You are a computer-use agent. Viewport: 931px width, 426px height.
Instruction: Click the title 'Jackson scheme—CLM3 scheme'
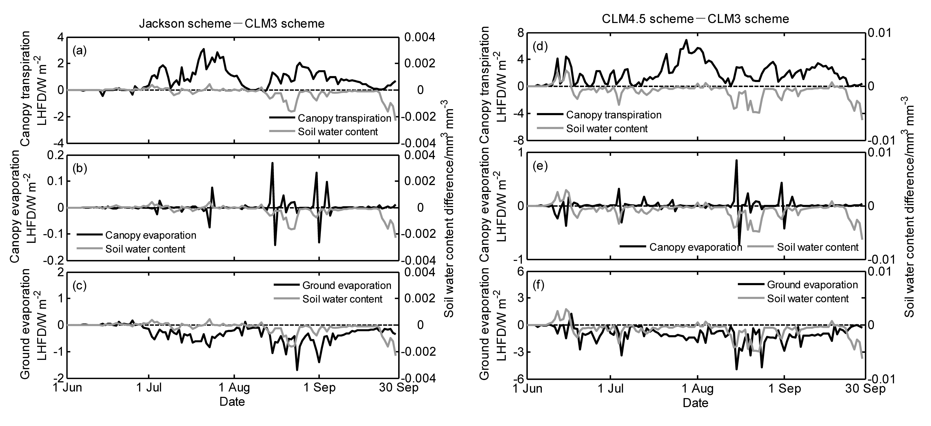(x=232, y=23)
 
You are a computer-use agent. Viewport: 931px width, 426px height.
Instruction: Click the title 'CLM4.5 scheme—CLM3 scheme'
(x=695, y=19)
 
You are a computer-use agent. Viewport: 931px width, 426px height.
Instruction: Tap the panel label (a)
(x=79, y=51)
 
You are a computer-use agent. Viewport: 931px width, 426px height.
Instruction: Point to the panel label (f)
(x=540, y=285)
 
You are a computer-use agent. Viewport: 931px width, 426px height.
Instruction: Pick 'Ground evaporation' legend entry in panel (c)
(x=333, y=285)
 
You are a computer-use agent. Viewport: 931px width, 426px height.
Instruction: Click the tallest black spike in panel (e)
(x=736, y=160)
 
